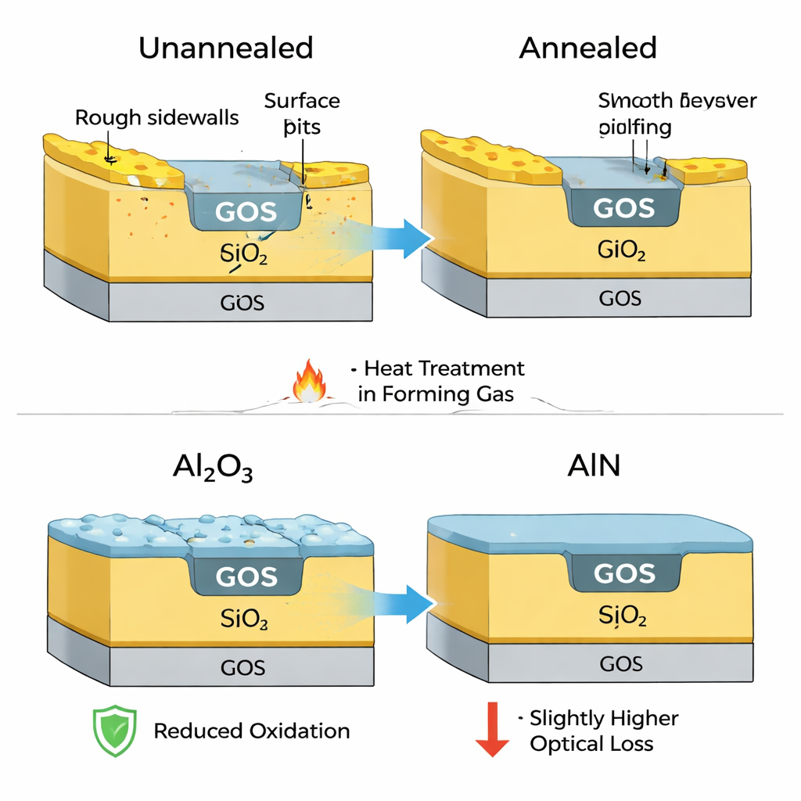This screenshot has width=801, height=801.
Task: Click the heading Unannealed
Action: (x=225, y=48)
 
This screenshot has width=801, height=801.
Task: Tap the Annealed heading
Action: (x=587, y=48)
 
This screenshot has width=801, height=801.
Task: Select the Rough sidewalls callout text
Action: (x=157, y=118)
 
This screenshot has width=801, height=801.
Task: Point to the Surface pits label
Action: (x=302, y=113)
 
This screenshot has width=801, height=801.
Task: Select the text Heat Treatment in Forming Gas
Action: (x=440, y=381)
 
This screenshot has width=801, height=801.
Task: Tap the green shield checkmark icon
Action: (x=114, y=731)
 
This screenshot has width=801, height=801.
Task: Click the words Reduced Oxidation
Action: (x=251, y=731)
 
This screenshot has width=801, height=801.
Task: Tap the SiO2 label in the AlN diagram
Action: (x=622, y=616)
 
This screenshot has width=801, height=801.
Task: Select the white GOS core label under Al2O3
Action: (x=246, y=577)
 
